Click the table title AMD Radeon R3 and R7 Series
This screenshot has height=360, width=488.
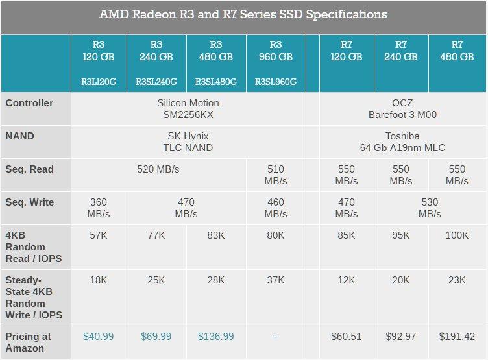click(x=243, y=14)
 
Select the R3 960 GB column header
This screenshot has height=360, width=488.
click(x=276, y=51)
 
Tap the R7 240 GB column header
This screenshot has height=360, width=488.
click(x=401, y=51)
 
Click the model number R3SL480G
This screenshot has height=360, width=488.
click(x=216, y=82)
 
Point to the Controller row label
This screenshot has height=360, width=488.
click(x=30, y=103)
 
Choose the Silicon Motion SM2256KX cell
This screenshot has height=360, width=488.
click(x=188, y=108)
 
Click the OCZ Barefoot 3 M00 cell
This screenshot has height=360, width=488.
click(x=402, y=108)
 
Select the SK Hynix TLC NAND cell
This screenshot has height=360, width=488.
click(x=188, y=141)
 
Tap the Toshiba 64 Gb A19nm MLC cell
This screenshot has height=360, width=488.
click(x=402, y=141)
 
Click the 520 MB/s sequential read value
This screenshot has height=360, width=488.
click(x=158, y=169)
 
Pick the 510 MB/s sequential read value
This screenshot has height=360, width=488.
click(x=276, y=174)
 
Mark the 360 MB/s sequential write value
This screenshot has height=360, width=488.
click(x=98, y=208)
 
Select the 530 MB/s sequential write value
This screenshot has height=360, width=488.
click(x=430, y=208)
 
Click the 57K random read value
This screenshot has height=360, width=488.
click(x=98, y=235)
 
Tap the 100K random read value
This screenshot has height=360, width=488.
click(x=457, y=235)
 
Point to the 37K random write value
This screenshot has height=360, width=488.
click(x=276, y=280)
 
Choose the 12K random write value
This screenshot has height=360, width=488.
click(x=347, y=280)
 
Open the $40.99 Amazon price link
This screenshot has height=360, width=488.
click(x=99, y=337)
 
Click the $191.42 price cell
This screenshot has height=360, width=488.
click(x=457, y=337)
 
